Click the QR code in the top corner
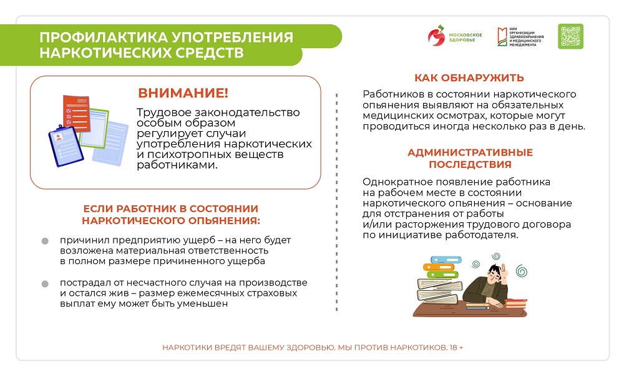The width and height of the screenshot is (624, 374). point(570,36)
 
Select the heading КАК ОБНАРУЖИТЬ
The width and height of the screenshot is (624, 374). point(469,78)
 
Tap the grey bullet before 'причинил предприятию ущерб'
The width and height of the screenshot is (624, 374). point(45,241)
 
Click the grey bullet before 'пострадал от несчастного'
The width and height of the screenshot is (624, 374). point(45,284)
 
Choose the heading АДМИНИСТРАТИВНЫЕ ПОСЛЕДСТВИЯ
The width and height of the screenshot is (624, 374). point(469,159)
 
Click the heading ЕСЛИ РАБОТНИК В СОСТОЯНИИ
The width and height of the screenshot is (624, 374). point(171,209)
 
